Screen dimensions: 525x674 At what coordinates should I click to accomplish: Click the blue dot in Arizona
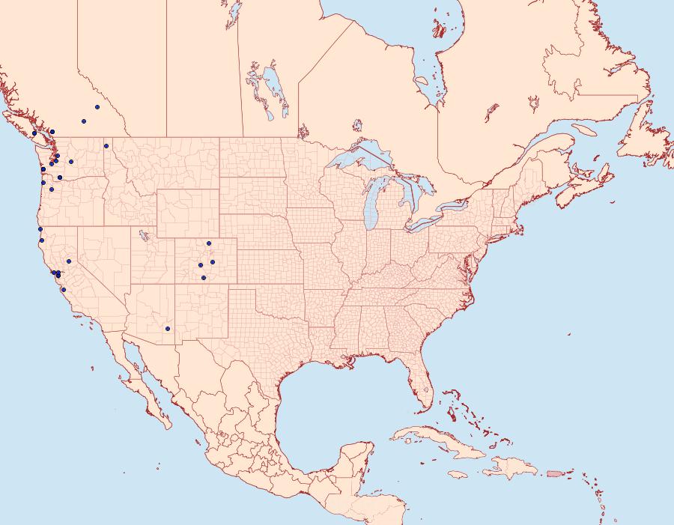click(168, 329)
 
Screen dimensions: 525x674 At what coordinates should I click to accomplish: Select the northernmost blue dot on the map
click(97, 107)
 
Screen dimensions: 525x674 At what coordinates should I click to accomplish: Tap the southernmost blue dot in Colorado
click(204, 278)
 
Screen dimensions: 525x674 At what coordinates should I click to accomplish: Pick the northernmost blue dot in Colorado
click(209, 243)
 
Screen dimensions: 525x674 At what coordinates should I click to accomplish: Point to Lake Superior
click(359, 160)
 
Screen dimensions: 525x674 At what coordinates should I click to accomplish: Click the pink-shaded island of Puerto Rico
click(555, 473)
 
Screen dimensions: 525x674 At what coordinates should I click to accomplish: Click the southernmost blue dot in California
click(64, 290)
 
